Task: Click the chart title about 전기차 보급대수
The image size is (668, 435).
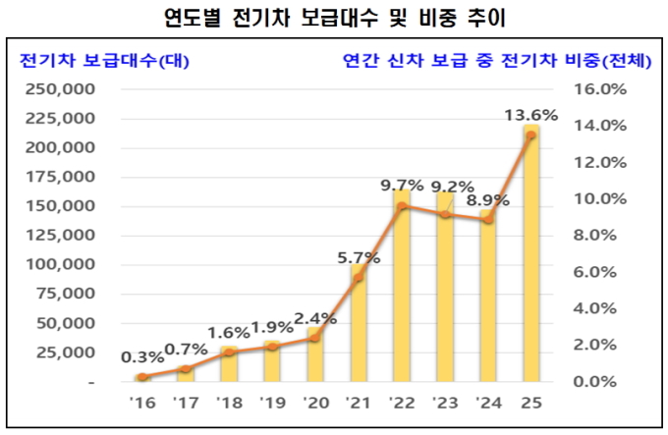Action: [333, 19]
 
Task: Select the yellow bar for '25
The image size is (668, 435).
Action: [531, 255]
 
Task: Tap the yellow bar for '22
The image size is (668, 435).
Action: [402, 285]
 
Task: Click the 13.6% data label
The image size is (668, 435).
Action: [530, 115]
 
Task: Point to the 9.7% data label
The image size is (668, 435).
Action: [402, 184]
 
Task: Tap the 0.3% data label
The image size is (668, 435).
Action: [142, 356]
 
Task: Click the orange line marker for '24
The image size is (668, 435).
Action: [488, 219]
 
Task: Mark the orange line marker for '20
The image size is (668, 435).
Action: [315, 338]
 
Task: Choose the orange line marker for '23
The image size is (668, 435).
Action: [445, 214]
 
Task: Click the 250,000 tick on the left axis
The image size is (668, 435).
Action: [62, 89]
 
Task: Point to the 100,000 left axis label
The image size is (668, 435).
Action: [62, 265]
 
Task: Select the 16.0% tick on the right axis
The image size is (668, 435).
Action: [597, 89]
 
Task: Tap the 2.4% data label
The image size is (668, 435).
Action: [315, 319]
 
